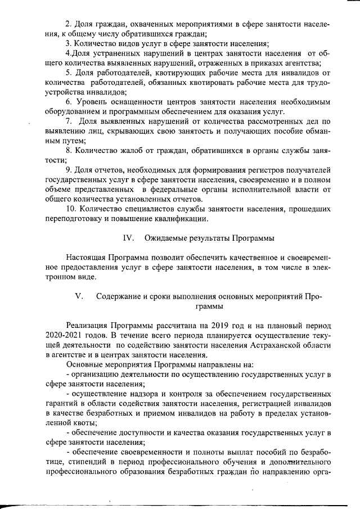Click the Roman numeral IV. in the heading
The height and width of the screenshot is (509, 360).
[128, 238]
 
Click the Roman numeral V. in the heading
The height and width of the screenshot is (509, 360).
[79, 296]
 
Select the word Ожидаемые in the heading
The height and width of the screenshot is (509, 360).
[169, 238]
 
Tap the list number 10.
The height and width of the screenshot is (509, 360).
[71, 209]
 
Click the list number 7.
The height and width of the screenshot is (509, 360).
[69, 121]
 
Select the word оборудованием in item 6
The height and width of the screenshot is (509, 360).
[74, 111]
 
